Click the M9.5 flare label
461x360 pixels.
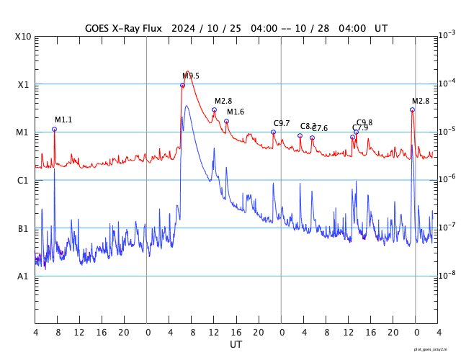pyautogui.click(x=191, y=76)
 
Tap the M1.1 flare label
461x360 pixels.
pyautogui.click(x=63, y=120)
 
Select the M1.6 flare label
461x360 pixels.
pyautogui.click(x=236, y=112)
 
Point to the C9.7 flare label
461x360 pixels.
pyautogui.click(x=282, y=123)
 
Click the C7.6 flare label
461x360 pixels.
pyautogui.click(x=320, y=128)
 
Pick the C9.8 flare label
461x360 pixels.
pyautogui.click(x=364, y=122)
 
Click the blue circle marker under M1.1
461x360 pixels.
pyautogui.click(x=54, y=130)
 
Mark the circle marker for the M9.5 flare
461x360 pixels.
pyautogui.click(x=182, y=86)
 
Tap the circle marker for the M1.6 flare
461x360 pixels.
pyautogui.click(x=226, y=122)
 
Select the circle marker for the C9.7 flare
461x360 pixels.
pyautogui.click(x=273, y=132)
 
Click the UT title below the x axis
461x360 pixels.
pyautogui.click(x=236, y=345)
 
